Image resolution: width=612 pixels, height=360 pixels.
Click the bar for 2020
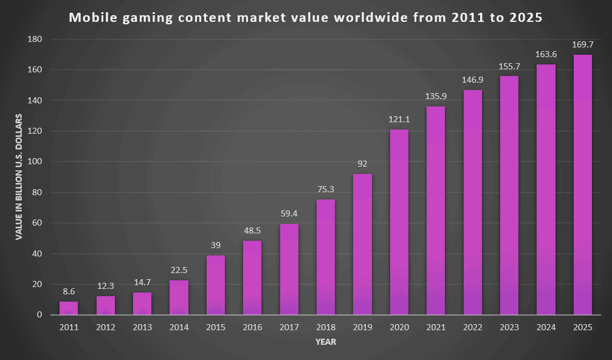pos(399,222)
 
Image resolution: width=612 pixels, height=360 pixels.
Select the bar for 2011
pos(69,308)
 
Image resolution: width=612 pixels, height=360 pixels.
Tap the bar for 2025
pos(582,185)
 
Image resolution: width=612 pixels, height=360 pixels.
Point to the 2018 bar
pos(326,257)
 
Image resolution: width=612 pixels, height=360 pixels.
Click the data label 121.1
pos(399,119)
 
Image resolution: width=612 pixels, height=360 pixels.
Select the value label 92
pos(362,164)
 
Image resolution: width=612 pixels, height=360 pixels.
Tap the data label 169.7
pos(582,44)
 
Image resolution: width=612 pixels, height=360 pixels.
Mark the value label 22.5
pos(179,270)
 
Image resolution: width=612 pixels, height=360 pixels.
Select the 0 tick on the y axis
pos(39,315)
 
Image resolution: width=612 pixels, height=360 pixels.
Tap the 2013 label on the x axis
pos(142,328)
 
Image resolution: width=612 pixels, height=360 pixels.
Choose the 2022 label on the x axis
pos(472,328)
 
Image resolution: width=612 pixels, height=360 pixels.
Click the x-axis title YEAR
pos(326,342)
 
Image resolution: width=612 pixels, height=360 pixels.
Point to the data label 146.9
pos(472,80)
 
